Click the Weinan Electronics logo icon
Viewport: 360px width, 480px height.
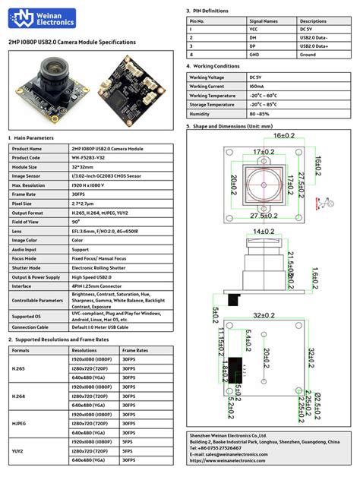[x=28, y=18]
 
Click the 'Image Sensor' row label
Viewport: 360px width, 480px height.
[x=27, y=176]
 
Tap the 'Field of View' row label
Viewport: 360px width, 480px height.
[x=27, y=222]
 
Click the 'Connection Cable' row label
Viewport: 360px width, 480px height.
[x=30, y=327]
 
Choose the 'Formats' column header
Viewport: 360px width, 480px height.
[x=21, y=350]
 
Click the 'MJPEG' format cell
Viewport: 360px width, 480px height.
[x=21, y=424]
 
